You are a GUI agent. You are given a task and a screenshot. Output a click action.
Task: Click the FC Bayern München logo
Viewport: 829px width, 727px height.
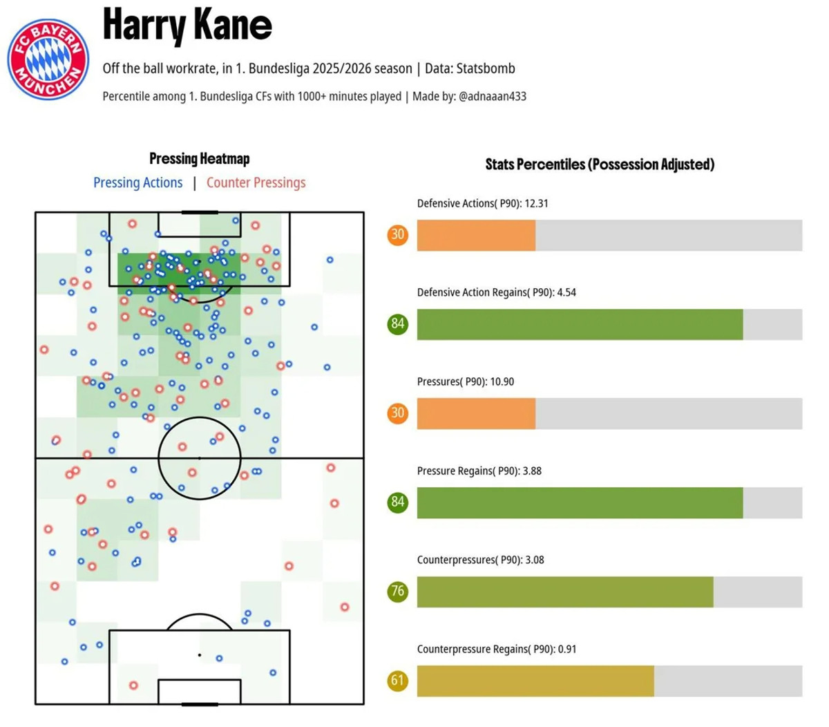tap(48, 59)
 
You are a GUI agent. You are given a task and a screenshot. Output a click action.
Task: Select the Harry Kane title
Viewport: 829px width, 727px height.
tap(187, 25)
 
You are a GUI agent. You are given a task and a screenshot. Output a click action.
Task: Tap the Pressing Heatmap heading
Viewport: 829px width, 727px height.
tap(200, 159)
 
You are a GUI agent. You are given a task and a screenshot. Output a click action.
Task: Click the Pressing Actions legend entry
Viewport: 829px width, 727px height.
tap(138, 183)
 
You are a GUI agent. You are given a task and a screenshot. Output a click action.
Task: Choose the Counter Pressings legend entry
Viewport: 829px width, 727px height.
tap(256, 183)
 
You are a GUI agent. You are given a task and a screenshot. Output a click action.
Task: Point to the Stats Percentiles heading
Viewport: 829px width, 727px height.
tap(600, 164)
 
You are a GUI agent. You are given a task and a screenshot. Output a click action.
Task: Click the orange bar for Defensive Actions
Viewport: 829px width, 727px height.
tap(476, 236)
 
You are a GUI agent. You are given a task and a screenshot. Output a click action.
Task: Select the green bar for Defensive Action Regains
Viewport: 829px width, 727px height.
tap(580, 325)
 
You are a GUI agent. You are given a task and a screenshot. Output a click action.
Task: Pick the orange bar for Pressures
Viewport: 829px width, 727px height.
tap(476, 414)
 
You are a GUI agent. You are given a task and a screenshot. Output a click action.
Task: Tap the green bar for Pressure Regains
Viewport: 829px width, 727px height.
tap(580, 503)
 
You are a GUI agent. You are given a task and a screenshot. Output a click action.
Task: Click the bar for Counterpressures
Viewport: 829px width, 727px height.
tap(565, 592)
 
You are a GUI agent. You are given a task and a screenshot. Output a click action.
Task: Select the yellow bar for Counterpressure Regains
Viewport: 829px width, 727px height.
tap(535, 681)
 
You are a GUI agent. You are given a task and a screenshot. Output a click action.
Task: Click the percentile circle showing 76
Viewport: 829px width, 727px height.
tap(397, 592)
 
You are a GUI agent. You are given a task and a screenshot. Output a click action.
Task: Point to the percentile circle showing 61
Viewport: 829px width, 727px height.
tap(397, 681)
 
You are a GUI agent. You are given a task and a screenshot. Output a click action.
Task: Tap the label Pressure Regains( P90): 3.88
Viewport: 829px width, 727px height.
tap(479, 471)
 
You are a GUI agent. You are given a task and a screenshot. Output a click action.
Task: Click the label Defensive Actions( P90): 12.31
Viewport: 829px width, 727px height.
tap(483, 204)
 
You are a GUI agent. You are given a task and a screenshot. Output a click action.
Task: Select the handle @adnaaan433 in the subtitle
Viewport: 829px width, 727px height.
tap(492, 97)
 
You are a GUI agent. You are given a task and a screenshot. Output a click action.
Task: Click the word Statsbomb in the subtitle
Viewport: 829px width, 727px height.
tap(488, 68)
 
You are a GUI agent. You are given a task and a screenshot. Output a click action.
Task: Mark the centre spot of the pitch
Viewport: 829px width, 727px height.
tap(200, 458)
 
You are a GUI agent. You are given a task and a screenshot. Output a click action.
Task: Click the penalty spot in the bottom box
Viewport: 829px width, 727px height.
tap(200, 654)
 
